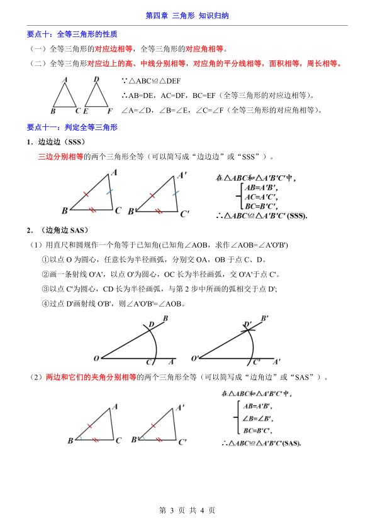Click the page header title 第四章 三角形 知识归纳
pyautogui.click(x=187, y=14)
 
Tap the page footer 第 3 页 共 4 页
pyautogui.click(x=187, y=510)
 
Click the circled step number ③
pyautogui.click(x=45, y=288)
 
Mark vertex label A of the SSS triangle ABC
pyautogui.click(x=113, y=172)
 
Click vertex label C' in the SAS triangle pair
pyautogui.click(x=183, y=442)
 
